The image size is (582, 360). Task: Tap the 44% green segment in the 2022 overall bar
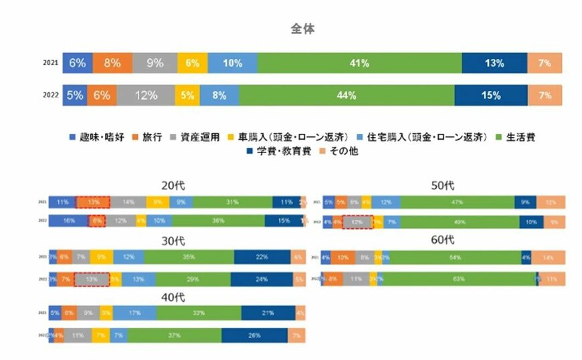coord(346,95)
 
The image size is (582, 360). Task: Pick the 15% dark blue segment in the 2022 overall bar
coord(490,95)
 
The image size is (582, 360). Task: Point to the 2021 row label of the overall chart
coord(51,64)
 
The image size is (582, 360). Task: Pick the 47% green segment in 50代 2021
coord(457,202)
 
